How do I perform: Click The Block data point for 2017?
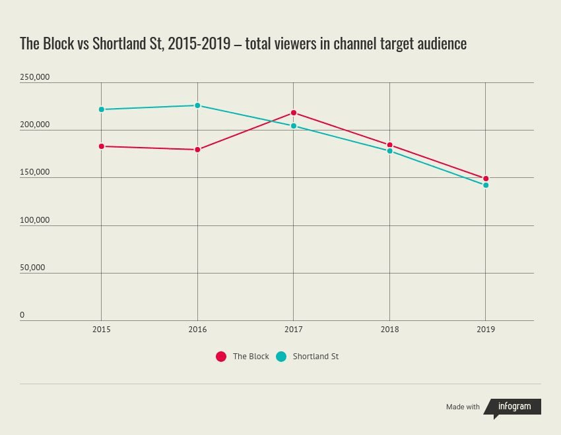tap(294, 113)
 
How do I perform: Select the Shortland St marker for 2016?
tap(197, 105)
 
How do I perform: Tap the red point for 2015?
tap(101, 146)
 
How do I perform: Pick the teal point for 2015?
tap(101, 109)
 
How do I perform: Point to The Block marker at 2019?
tap(486, 179)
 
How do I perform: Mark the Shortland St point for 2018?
tap(389, 151)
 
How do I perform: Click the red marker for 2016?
tap(197, 150)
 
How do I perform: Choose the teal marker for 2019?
tap(486, 185)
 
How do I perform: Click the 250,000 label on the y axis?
tap(35, 77)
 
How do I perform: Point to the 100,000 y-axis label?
tap(35, 220)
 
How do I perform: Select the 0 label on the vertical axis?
tap(22, 315)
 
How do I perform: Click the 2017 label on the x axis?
tap(294, 329)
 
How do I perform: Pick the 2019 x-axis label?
tap(486, 329)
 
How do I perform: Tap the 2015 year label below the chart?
tap(101, 329)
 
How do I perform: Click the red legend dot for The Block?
tap(221, 357)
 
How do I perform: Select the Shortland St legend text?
tap(315, 357)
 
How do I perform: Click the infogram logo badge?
tap(513, 407)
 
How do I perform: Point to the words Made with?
tap(463, 407)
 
